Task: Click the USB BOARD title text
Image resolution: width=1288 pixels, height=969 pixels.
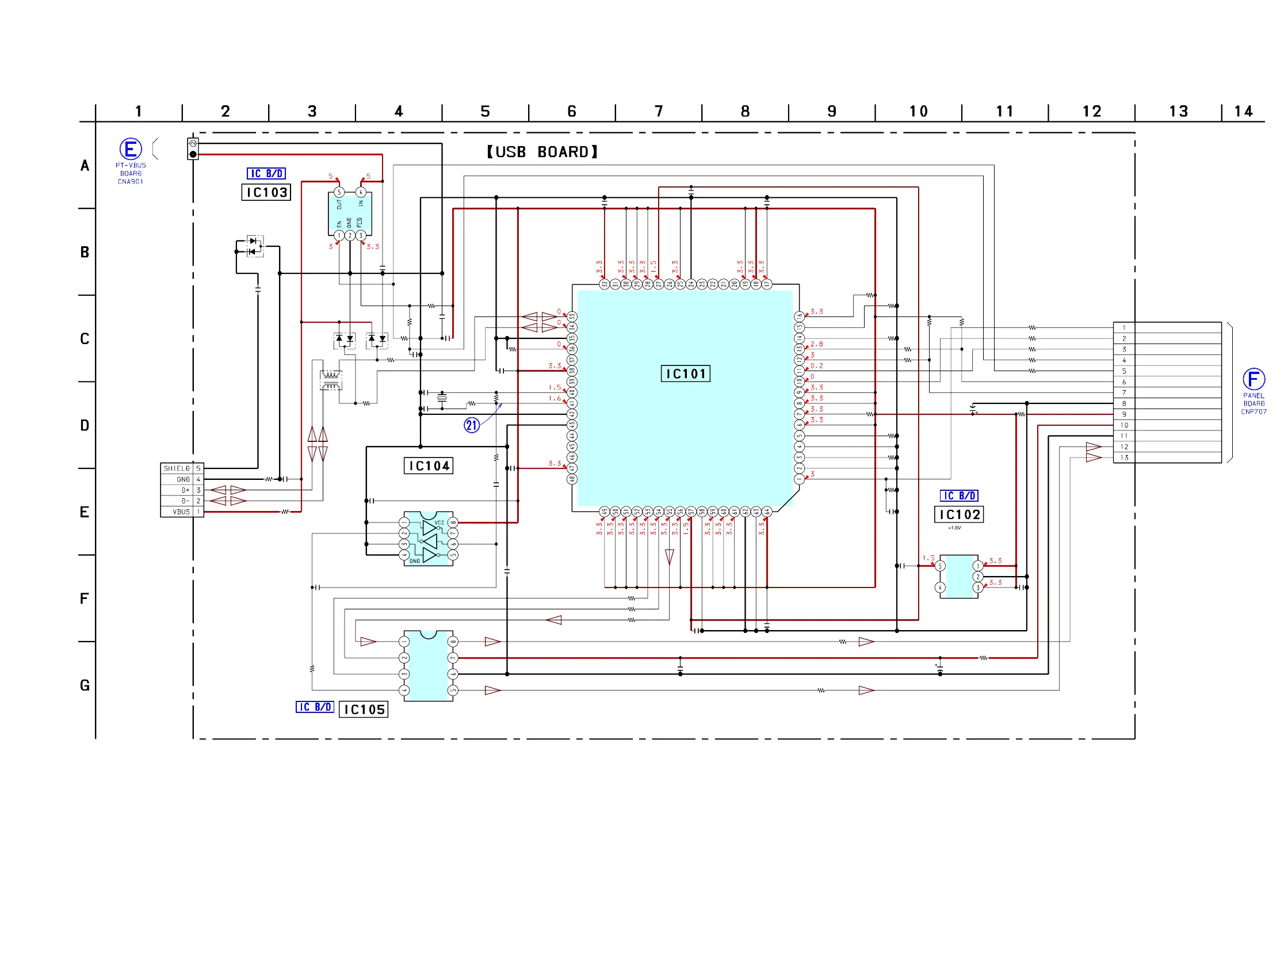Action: click(x=542, y=152)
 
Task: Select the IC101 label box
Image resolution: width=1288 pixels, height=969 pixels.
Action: click(x=685, y=374)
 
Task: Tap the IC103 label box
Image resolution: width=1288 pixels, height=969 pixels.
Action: click(x=266, y=192)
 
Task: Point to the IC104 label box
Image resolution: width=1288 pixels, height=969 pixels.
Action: click(x=429, y=466)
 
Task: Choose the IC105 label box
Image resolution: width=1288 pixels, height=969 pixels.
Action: click(x=364, y=709)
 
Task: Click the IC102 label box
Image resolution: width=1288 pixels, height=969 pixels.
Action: click(x=959, y=515)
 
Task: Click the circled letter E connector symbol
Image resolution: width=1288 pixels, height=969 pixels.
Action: click(x=131, y=149)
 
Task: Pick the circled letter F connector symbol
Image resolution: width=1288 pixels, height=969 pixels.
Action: click(x=1253, y=379)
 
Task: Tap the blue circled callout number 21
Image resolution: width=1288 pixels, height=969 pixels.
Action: click(x=471, y=425)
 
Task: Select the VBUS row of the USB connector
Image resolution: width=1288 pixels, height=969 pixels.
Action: click(x=182, y=512)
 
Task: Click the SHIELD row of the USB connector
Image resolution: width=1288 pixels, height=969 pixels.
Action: click(x=182, y=468)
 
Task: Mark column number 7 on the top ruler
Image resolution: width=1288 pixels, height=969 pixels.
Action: click(x=659, y=111)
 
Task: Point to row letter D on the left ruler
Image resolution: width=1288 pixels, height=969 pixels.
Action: click(x=85, y=426)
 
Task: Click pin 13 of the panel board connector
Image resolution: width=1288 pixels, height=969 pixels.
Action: click(x=1125, y=457)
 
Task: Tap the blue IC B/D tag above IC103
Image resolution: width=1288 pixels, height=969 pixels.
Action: click(x=266, y=174)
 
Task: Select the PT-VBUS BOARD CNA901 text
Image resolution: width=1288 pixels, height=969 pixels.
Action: click(x=131, y=174)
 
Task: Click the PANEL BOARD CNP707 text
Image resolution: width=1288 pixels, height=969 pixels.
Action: click(x=1253, y=403)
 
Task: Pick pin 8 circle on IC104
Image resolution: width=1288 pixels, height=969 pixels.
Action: click(x=453, y=522)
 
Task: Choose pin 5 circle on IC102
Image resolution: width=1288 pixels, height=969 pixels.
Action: click(x=940, y=566)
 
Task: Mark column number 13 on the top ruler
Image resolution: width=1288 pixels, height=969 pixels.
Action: click(x=1179, y=111)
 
